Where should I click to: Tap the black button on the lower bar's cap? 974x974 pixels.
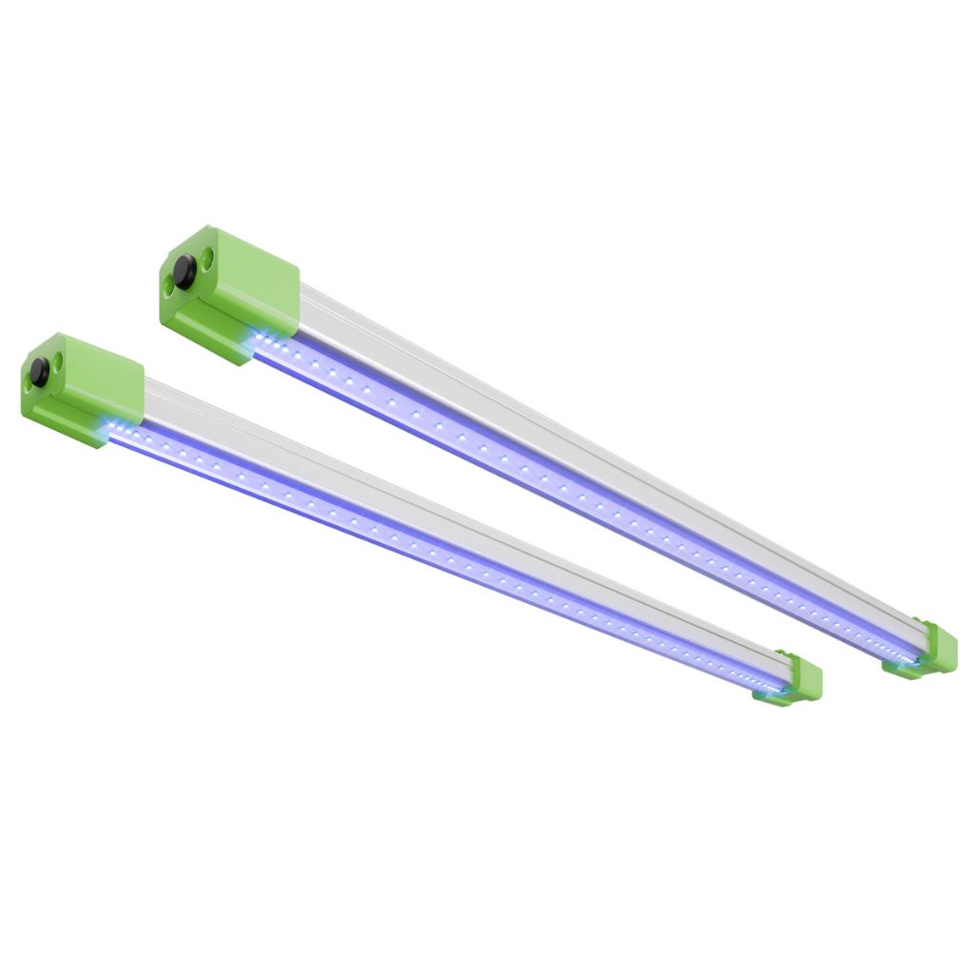tap(39, 373)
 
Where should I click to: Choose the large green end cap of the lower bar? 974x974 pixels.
tap(95, 380)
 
